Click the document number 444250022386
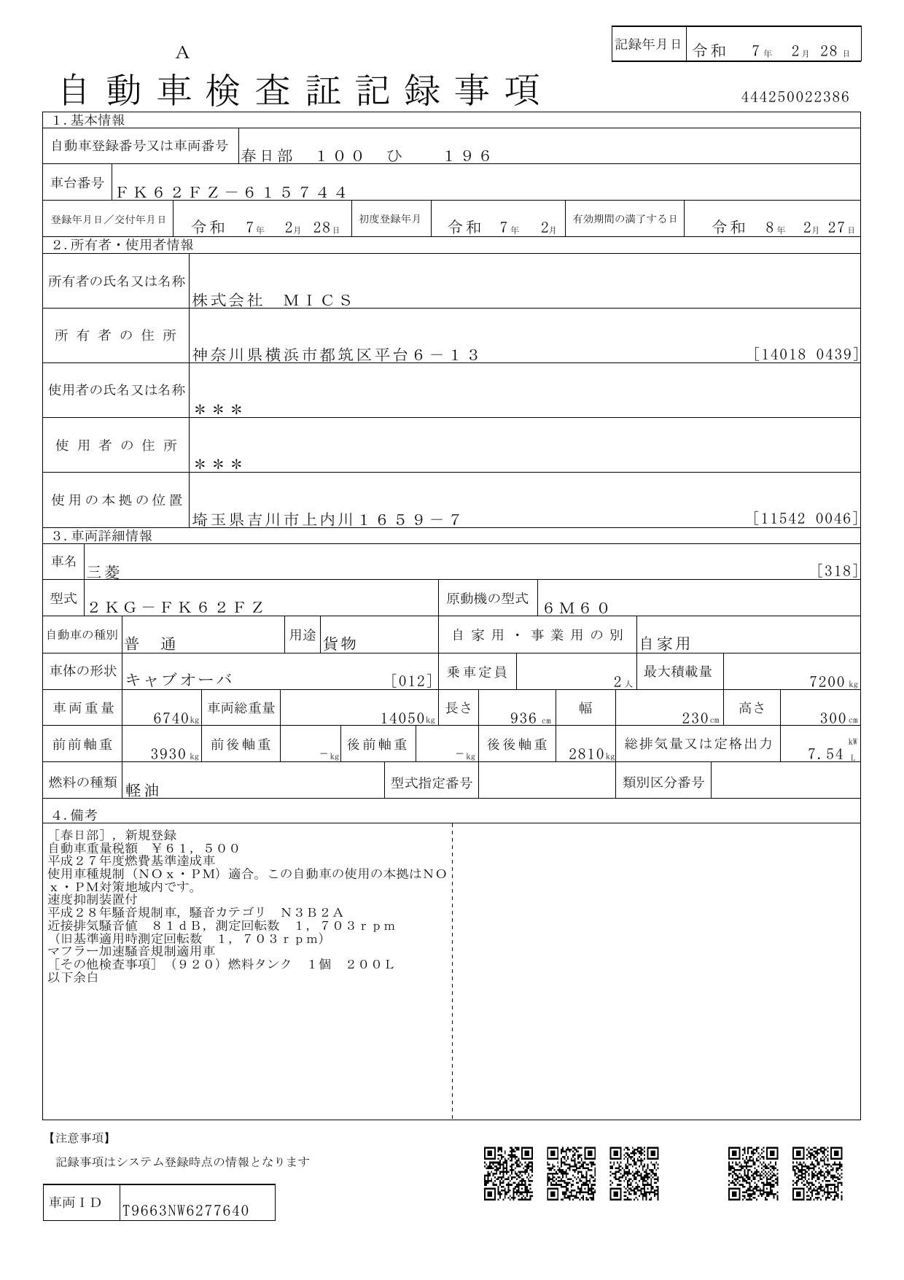point(795,97)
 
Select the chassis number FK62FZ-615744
point(231,193)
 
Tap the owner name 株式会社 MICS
point(272,300)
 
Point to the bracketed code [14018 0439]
point(806,354)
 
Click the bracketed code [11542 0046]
point(806,519)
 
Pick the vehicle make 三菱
point(104,573)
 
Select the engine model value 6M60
point(576,608)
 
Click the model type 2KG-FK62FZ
point(176,608)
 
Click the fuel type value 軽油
point(142,790)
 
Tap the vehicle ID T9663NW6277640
point(185,1211)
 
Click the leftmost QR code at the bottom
point(508,1173)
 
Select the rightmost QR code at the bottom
point(817,1173)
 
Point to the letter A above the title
point(182,53)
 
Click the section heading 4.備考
point(74,815)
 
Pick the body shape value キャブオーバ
point(179,680)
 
